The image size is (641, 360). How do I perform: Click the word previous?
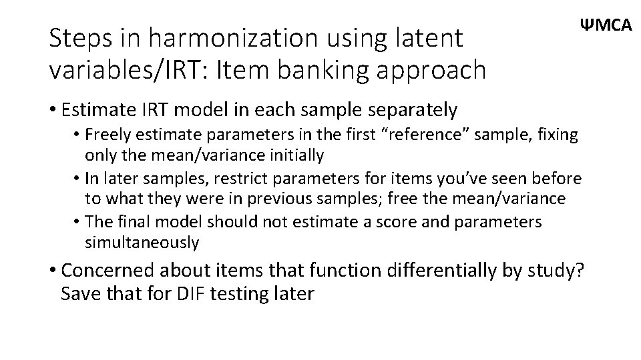pyautogui.click(x=294, y=199)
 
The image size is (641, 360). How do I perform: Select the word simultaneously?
pyautogui.click(x=142, y=243)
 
